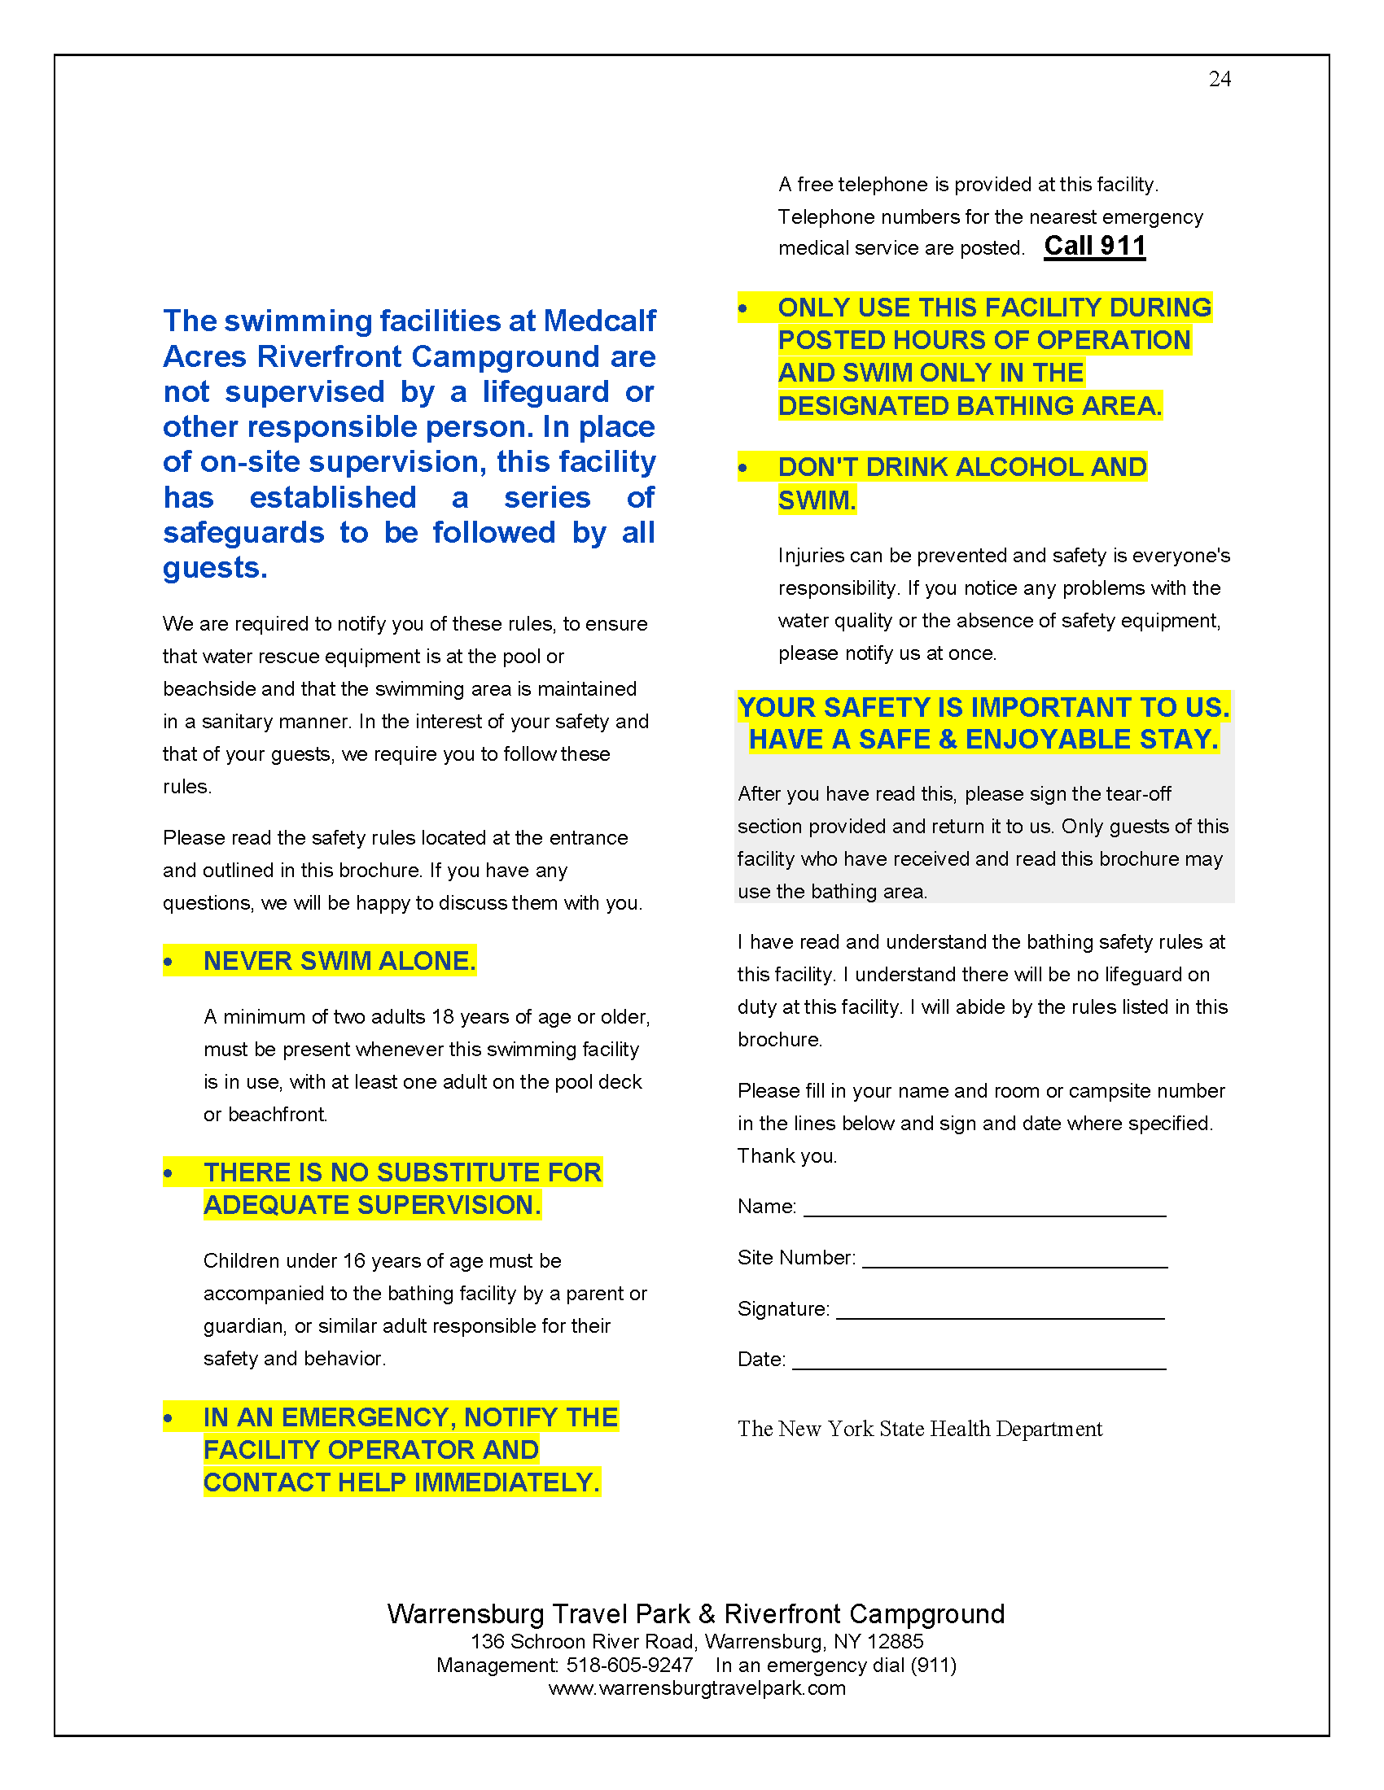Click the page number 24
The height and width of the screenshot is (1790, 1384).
[1220, 79]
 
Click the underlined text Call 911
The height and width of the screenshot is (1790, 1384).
[1093, 246]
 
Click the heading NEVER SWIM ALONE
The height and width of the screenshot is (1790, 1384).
[339, 961]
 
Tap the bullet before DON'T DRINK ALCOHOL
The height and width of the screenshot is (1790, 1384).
[742, 468]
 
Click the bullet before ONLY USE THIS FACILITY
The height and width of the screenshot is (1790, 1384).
[742, 309]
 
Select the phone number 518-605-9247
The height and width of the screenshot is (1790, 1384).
[628, 1665]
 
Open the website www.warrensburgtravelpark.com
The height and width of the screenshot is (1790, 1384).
[697, 1687]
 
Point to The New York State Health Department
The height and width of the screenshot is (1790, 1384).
[919, 1429]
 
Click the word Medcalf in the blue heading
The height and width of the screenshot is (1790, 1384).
[599, 321]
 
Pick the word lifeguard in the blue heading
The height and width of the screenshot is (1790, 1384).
[545, 392]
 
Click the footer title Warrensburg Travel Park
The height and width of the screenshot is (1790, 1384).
[538, 1613]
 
